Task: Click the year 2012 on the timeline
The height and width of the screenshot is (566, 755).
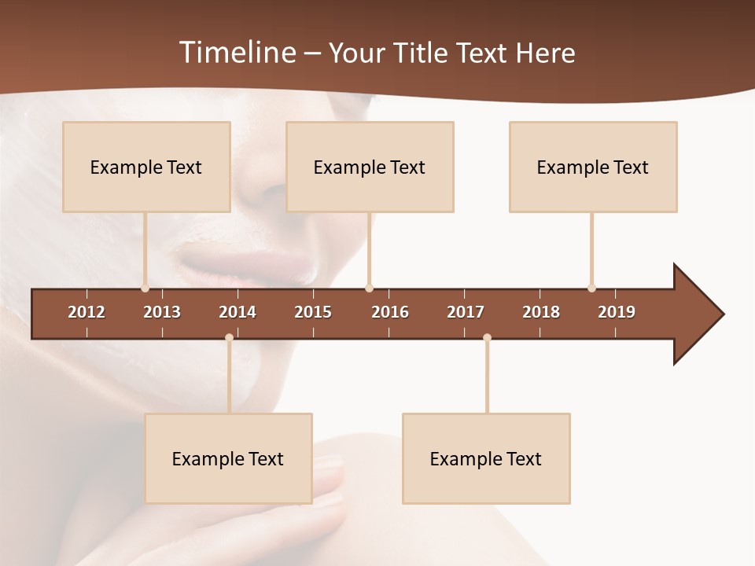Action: coord(87,312)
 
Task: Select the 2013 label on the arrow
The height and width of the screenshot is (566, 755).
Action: coord(162,312)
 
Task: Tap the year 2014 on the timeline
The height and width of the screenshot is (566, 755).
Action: coord(238,312)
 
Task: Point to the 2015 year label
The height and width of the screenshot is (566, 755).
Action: coord(313,312)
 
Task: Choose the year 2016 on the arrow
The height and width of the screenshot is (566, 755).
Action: coord(390,312)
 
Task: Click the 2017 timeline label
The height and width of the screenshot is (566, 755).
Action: coord(466,312)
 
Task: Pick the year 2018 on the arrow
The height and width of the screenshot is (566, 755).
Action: coord(541,312)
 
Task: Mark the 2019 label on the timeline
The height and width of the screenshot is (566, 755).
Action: coord(617,312)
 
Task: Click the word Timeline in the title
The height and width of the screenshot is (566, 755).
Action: coord(237,53)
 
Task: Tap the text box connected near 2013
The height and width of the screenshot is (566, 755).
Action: coord(146,167)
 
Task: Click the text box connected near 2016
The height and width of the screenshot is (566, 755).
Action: coord(370,167)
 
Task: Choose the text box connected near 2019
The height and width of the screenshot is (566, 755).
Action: coord(593,167)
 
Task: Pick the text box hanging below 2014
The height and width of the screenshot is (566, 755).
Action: coord(228,458)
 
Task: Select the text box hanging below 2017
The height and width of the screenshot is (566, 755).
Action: coord(486,458)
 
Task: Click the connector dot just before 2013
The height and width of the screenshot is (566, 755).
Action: coord(145,288)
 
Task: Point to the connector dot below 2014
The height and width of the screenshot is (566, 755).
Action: coord(229,338)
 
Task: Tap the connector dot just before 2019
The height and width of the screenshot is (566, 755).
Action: coord(591,288)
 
